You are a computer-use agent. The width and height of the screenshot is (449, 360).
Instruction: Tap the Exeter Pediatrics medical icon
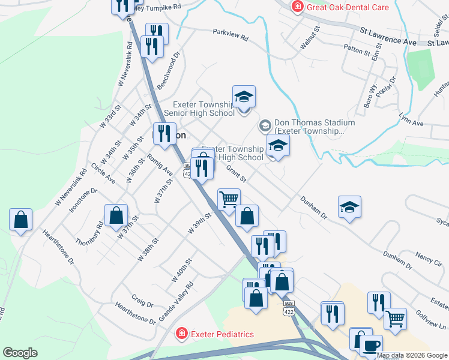(180, 334)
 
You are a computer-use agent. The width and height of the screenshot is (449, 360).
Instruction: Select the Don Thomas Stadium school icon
(264, 126)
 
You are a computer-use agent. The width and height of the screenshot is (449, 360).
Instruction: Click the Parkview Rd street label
(230, 36)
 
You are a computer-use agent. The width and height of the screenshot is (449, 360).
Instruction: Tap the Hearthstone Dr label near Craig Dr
(136, 313)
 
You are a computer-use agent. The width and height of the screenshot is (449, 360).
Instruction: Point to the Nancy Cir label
(429, 259)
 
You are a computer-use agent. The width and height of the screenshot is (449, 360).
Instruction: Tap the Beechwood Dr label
(169, 71)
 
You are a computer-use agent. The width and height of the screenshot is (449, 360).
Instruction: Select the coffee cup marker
(370, 345)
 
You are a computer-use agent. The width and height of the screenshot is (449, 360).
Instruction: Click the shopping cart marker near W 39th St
(229, 199)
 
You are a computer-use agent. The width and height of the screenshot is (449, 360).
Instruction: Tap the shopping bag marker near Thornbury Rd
(116, 215)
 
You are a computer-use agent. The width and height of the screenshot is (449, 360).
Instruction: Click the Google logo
(20, 353)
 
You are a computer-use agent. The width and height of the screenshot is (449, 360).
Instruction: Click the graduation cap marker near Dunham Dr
(349, 207)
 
